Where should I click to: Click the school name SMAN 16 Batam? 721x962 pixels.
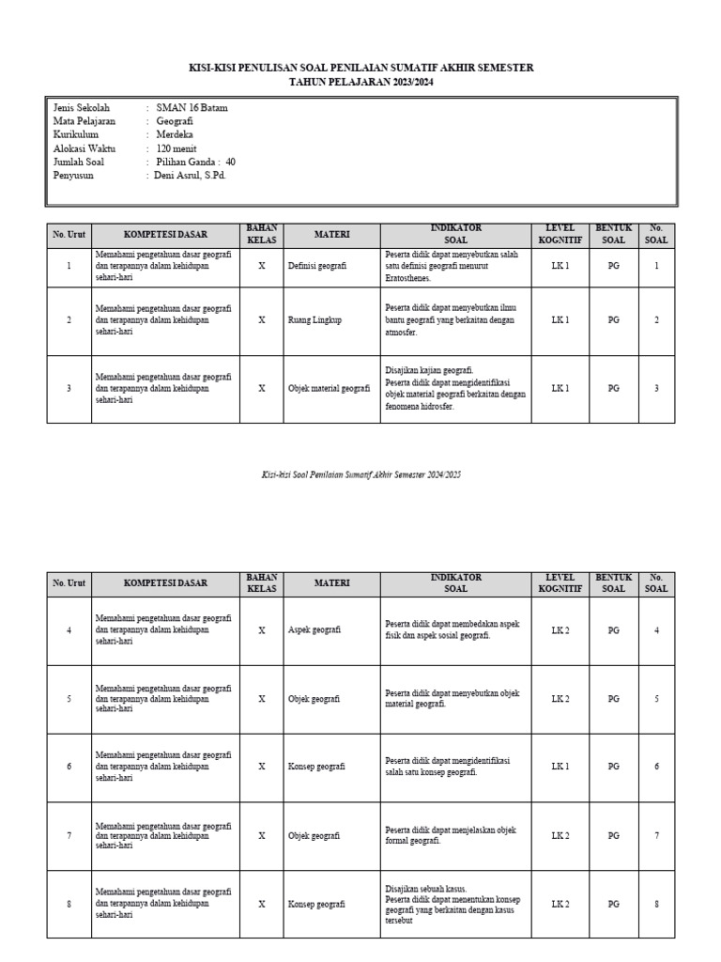(192, 108)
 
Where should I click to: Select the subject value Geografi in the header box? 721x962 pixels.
(176, 121)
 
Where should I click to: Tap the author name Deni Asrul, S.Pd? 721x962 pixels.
(192, 175)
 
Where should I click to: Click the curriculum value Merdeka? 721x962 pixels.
(176, 134)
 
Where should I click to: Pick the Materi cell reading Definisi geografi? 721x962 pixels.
(317, 267)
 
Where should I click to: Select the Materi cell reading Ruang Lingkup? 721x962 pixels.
(315, 320)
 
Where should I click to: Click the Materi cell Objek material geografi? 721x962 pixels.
(329, 388)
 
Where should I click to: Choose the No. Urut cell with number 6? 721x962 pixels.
(69, 768)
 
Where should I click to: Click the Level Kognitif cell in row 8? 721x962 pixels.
(560, 905)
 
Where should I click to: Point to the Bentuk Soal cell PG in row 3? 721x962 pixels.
(613, 388)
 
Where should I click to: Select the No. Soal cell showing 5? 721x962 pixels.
(656, 699)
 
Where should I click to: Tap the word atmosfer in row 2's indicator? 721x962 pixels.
(402, 332)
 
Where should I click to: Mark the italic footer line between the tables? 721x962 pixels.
(360, 475)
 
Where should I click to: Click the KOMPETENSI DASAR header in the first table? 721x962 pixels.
(165, 234)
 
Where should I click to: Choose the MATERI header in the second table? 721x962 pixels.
(331, 583)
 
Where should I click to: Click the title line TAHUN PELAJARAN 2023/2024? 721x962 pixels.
(360, 83)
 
